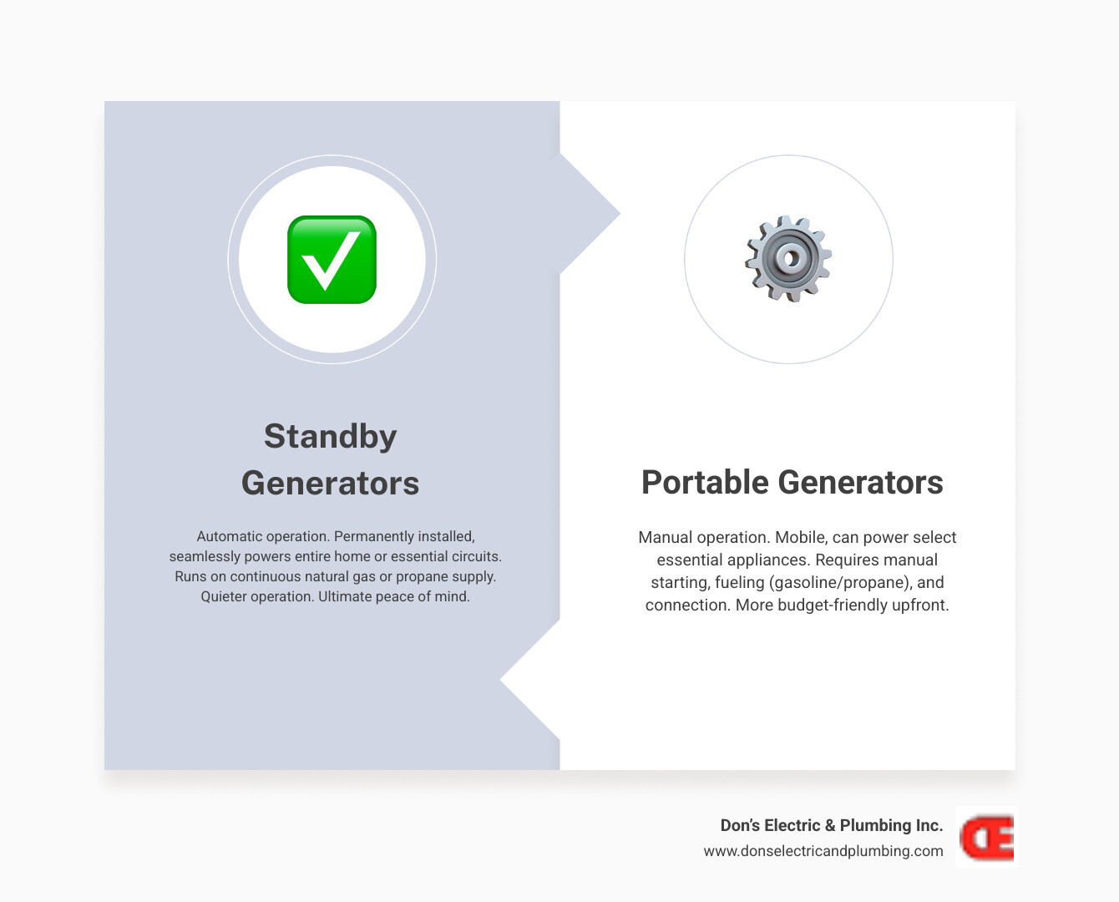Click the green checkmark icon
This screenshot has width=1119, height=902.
332,260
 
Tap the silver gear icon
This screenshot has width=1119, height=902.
788,259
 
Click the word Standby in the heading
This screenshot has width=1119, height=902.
331,436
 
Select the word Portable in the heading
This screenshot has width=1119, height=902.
704,483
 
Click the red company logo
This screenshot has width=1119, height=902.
986,838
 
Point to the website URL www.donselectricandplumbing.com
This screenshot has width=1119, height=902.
823,851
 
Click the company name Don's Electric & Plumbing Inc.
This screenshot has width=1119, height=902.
831,825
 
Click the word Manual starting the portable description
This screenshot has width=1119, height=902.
666,537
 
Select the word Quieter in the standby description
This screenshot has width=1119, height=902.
228,596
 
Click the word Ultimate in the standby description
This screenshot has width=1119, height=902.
346,596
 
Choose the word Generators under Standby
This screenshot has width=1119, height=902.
331,484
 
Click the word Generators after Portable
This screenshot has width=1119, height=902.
860,483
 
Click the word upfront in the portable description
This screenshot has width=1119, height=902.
919,605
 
